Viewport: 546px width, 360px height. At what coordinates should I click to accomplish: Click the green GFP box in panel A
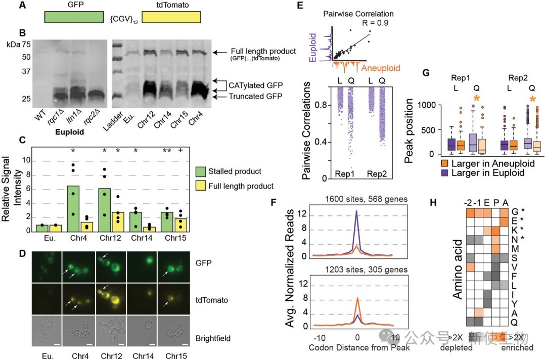[x=74, y=17]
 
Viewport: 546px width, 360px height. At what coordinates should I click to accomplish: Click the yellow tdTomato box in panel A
[x=171, y=17]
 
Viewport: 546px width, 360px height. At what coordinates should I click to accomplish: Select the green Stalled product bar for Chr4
[x=73, y=209]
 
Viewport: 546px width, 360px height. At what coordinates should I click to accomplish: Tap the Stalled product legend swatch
[x=201, y=171]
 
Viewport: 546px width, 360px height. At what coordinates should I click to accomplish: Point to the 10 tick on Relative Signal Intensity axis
[x=26, y=160]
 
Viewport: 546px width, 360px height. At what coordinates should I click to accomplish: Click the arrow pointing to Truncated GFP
[x=219, y=97]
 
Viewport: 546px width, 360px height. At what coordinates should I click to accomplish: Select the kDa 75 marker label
[x=19, y=44]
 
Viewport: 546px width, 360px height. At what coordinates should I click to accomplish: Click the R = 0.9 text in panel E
[x=375, y=23]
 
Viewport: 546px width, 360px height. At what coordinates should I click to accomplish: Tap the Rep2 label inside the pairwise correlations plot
[x=377, y=174]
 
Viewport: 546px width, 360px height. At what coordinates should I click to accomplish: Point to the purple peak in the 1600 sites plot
[x=356, y=211]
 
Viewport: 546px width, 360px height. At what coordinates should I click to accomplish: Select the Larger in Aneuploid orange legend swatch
[x=445, y=164]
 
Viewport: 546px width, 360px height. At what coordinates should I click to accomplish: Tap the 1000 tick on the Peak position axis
[x=426, y=105]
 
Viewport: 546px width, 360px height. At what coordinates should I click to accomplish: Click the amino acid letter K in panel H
[x=514, y=231]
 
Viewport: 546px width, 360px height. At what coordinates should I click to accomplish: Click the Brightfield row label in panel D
[x=213, y=338]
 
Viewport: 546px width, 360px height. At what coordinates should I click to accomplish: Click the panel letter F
[x=273, y=202]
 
